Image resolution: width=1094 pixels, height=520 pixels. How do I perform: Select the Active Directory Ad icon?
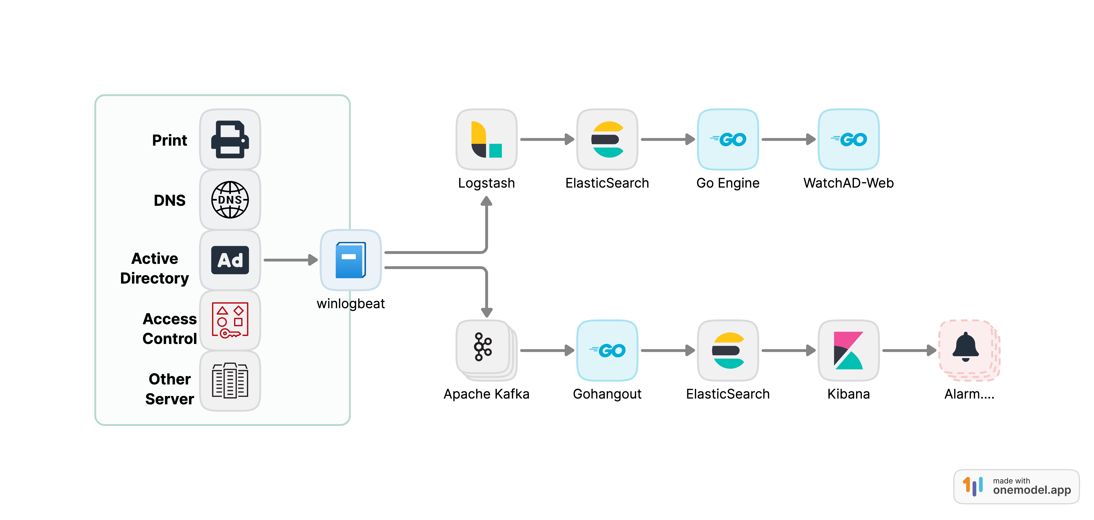pos(230,260)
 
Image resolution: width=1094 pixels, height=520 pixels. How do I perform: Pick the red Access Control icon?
pos(230,320)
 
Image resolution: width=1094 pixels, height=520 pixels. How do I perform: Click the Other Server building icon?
pos(230,380)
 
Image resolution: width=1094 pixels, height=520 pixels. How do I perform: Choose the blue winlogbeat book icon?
pos(350,260)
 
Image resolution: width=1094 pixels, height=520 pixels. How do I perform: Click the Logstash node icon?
pos(486,139)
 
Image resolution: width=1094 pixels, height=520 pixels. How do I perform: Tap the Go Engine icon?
pos(727,139)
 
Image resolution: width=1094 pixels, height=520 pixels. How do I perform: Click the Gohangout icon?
pos(607,350)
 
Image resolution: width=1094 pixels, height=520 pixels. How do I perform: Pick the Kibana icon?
pos(848,350)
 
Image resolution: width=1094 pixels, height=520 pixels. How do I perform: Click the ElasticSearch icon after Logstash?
pos(607,139)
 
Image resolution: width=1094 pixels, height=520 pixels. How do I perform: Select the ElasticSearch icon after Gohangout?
pos(727,350)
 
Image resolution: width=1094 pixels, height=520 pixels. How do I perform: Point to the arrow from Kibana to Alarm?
pos(909,350)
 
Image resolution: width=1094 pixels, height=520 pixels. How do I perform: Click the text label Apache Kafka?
pos(486,394)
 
